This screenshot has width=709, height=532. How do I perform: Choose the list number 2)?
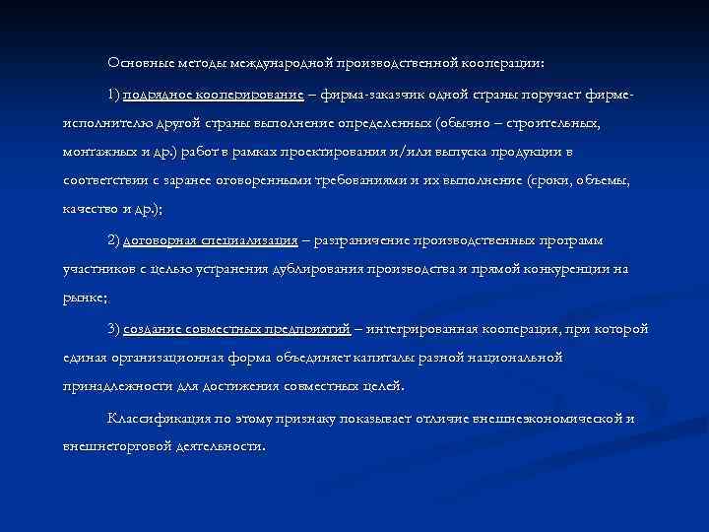coord(114,240)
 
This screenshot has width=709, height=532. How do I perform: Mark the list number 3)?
coord(114,328)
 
